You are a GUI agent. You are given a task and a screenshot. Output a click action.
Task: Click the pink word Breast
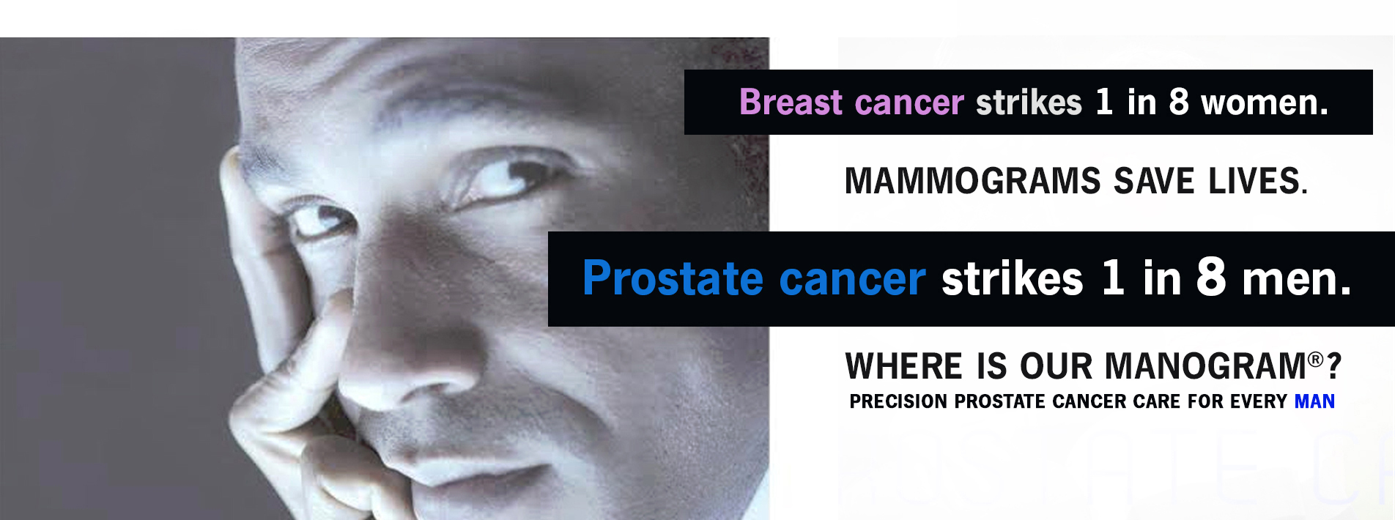791,102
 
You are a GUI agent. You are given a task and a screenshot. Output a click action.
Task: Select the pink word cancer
909,103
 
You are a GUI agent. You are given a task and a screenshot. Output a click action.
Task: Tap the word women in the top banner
1264,103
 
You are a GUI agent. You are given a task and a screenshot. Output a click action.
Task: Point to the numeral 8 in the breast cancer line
1179,102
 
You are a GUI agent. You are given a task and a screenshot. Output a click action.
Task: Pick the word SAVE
1154,181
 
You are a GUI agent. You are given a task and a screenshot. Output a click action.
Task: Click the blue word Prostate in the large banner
673,279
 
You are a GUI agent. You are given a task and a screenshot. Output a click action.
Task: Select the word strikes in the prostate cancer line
1012,278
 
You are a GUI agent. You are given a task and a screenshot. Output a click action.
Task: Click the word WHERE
904,366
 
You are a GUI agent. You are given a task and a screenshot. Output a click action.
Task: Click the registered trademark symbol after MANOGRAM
1316,359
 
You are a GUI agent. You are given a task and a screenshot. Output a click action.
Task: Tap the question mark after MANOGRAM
1333,366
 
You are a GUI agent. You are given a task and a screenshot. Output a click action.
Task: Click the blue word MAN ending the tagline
1314,401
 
